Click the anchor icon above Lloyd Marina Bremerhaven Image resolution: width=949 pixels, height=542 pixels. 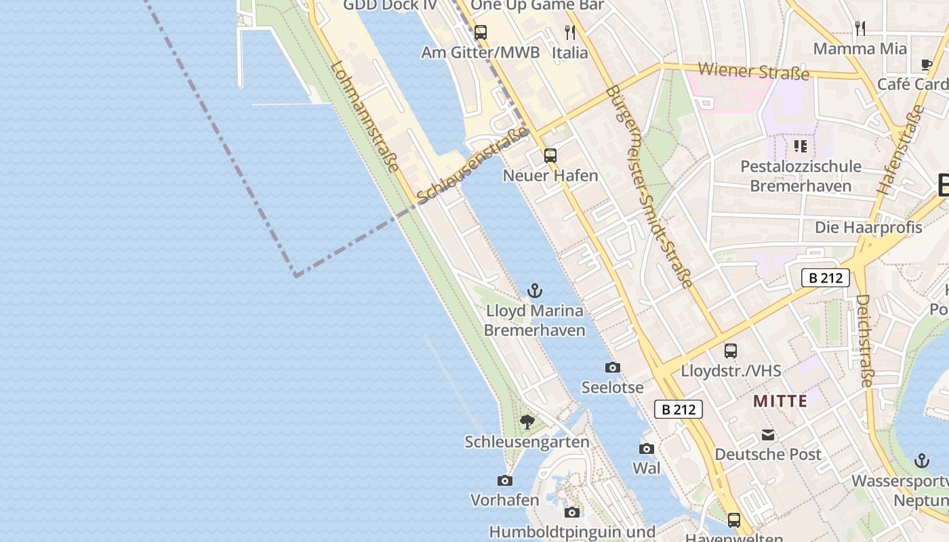tap(535, 291)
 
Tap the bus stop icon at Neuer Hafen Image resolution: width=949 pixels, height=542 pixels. tap(550, 156)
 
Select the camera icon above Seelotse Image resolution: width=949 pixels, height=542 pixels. tap(612, 367)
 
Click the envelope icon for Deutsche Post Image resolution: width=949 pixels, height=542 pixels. tap(768, 434)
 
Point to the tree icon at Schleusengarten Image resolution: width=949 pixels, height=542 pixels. tap(527, 422)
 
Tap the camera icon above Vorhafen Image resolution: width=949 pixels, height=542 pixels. tap(505, 480)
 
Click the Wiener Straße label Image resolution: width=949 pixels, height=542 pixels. tap(753, 70)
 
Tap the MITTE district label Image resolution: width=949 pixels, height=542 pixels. tap(780, 401)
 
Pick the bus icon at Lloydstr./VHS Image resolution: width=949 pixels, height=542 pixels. tap(731, 351)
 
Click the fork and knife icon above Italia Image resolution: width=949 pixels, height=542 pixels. tap(570, 32)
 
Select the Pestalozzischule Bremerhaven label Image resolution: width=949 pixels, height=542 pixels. tap(801, 176)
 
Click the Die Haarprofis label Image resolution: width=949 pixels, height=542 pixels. tap(868, 228)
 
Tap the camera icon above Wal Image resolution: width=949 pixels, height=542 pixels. tap(646, 449)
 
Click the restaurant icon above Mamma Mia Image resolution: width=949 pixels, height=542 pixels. tap(860, 28)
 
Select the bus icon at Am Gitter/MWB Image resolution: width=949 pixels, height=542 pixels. tap(481, 32)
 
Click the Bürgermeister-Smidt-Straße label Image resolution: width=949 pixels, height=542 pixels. tap(649, 186)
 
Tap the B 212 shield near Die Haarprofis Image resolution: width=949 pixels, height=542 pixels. tap(825, 278)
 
